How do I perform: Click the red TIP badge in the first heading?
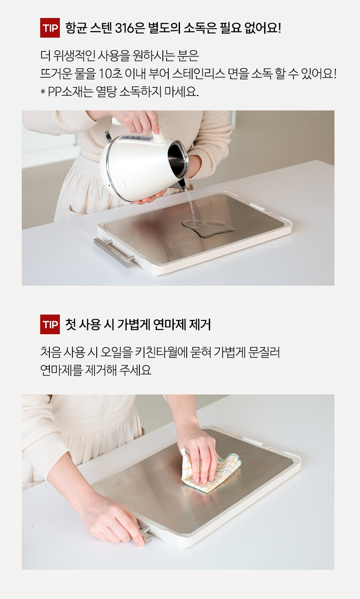coord(50,28)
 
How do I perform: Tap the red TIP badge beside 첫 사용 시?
coord(50,324)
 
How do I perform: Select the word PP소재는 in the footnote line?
coord(70,92)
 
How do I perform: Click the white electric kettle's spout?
coord(181,184)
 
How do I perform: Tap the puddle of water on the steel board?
coord(208,228)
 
